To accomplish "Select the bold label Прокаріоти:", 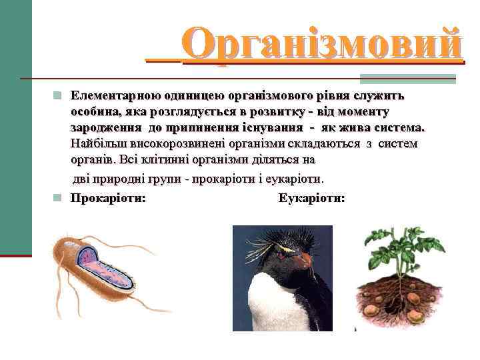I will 109,198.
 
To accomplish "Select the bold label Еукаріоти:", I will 312,198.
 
